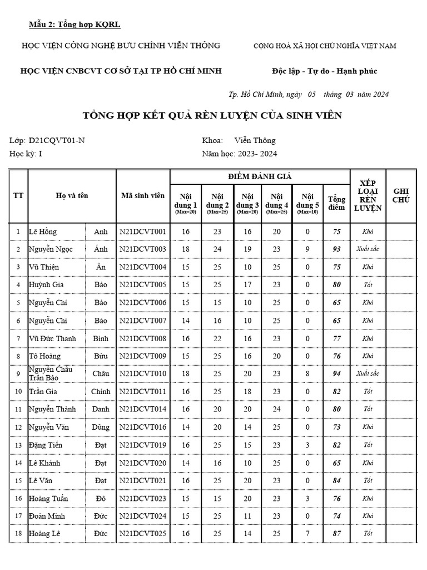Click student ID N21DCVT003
tap(142, 249)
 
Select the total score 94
tap(336, 374)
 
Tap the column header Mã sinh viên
tap(142, 196)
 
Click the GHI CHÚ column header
tap(401, 195)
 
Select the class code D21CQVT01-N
tap(57, 140)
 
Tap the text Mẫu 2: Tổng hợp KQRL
tap(75, 24)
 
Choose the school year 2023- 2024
tap(257, 154)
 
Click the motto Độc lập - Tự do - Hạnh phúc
tap(324, 71)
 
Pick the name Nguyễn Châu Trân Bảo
tap(51, 374)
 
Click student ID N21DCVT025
tap(142, 534)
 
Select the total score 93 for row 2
tap(336, 249)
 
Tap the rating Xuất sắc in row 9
tap(368, 374)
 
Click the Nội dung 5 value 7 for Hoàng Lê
tap(307, 534)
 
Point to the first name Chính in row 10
tap(101, 392)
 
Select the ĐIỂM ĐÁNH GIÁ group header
tap(260, 176)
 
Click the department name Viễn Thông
tap(255, 140)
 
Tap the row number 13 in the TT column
tap(18, 445)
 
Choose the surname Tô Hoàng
tap(44, 356)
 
